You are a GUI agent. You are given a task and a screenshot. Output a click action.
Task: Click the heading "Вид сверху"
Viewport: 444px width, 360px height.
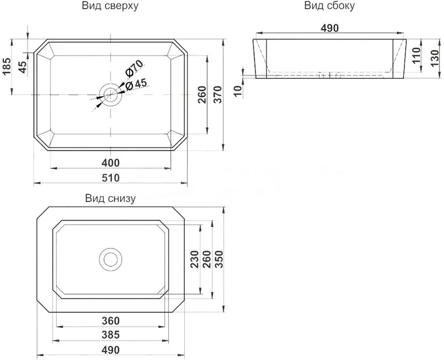(110, 6)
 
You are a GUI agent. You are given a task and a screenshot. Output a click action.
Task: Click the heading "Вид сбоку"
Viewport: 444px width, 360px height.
(329, 6)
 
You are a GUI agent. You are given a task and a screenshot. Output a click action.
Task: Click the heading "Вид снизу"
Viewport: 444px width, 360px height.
(110, 198)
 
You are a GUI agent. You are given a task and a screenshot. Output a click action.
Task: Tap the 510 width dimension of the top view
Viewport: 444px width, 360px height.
(110, 178)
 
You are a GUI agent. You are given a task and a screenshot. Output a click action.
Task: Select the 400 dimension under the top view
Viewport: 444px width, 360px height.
(110, 163)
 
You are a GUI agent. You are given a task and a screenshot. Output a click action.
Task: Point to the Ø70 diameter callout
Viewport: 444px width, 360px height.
(134, 69)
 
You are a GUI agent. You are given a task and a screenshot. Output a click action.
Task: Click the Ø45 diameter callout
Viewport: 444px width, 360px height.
(136, 84)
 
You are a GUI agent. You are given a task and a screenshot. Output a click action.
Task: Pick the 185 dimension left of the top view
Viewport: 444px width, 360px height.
(6, 67)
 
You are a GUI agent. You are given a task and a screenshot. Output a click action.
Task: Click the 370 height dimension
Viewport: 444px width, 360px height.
(218, 94)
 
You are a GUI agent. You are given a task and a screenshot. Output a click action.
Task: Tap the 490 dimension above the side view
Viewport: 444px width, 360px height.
(330, 28)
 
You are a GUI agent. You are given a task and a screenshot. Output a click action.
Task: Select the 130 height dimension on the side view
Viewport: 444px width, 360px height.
(435, 59)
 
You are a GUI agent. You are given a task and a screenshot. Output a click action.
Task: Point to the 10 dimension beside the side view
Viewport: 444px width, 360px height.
(239, 91)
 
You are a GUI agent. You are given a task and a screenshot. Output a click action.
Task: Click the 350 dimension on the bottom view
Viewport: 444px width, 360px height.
(219, 259)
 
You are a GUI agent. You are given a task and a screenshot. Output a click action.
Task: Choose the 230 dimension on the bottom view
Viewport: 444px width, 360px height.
(194, 259)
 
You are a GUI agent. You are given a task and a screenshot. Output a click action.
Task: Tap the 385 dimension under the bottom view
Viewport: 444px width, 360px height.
(110, 335)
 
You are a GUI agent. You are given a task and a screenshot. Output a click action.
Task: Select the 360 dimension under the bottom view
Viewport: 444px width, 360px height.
(110, 321)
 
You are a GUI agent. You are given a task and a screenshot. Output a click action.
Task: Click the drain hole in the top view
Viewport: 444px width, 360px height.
(110, 94)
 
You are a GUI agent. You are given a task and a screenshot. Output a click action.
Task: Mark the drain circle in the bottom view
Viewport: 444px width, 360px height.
(110, 259)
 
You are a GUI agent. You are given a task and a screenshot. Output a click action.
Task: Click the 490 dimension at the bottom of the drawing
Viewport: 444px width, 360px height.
(110, 350)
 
